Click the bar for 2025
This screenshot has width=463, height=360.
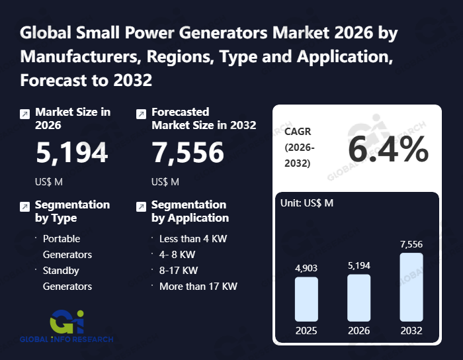coord(306,299)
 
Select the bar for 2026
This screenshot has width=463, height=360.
coord(358,298)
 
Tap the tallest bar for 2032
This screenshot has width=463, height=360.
coord(411,287)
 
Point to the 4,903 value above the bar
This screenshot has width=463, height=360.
coord(306,267)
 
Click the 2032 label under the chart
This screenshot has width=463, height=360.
coord(411,330)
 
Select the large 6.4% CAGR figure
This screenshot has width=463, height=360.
coord(388,150)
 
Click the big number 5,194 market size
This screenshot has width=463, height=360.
coord(71,153)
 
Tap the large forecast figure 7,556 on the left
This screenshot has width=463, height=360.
coord(188,153)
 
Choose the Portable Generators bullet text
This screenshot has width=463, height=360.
coord(67,246)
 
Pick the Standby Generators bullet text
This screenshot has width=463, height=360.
coord(67,278)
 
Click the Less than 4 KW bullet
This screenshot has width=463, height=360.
coord(193,238)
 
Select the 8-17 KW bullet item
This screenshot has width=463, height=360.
coord(179,270)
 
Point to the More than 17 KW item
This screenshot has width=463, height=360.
coord(198,287)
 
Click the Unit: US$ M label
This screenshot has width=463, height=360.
coord(308,202)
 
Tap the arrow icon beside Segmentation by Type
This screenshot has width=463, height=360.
coord(24,206)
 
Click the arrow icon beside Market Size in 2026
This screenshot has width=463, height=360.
coord(24,114)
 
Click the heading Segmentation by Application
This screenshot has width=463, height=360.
coord(190,211)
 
